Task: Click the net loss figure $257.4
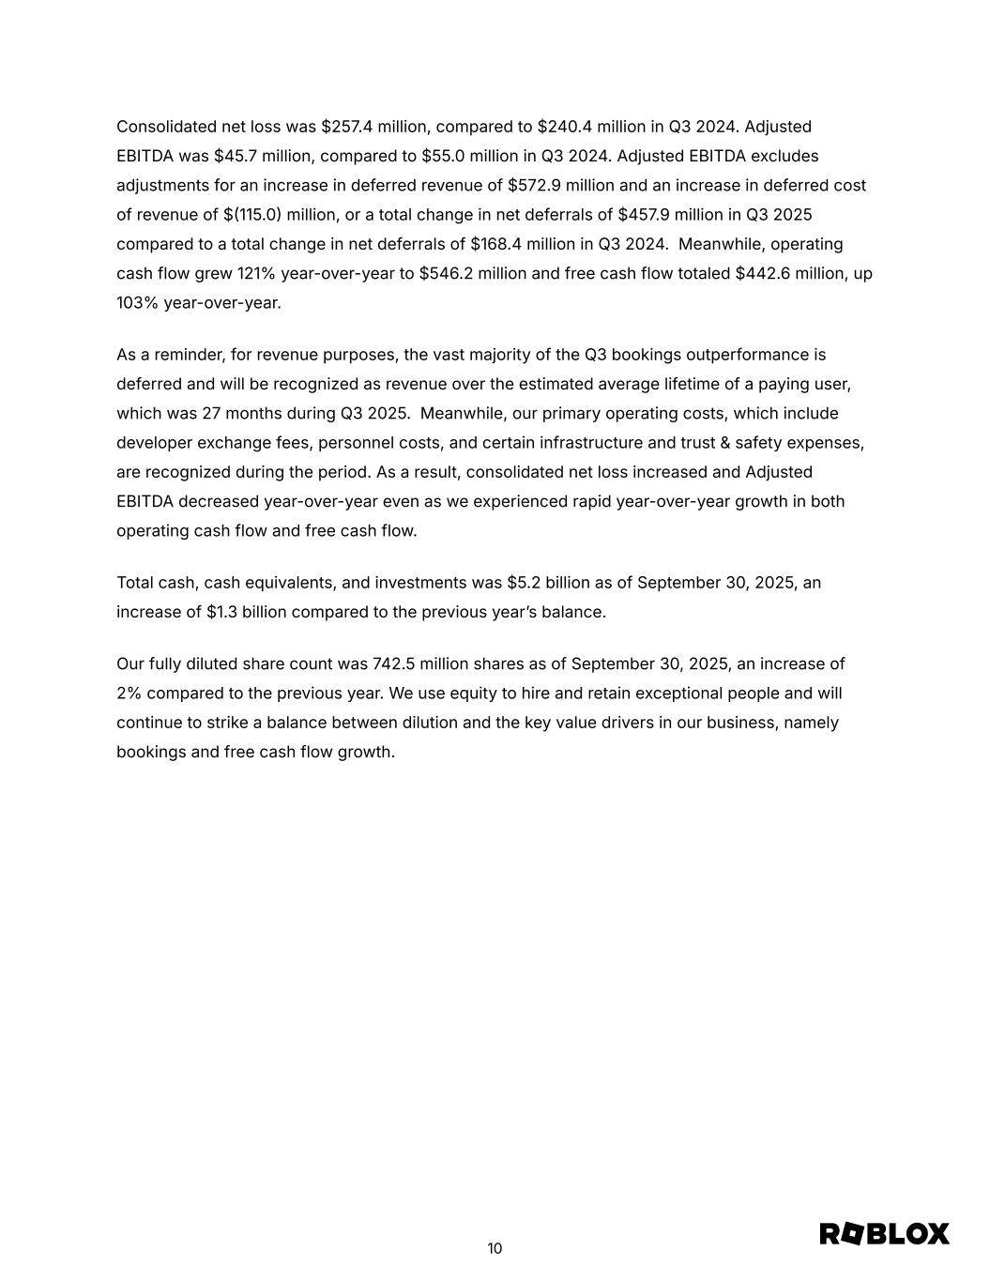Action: point(346,127)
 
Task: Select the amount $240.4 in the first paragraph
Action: point(563,127)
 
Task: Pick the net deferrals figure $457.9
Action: point(643,215)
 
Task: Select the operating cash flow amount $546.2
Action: point(445,274)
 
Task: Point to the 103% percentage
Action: point(138,303)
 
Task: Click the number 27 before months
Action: point(211,414)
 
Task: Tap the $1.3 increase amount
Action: point(221,612)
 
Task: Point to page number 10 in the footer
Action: point(495,1248)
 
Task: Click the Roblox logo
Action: point(884,1234)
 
